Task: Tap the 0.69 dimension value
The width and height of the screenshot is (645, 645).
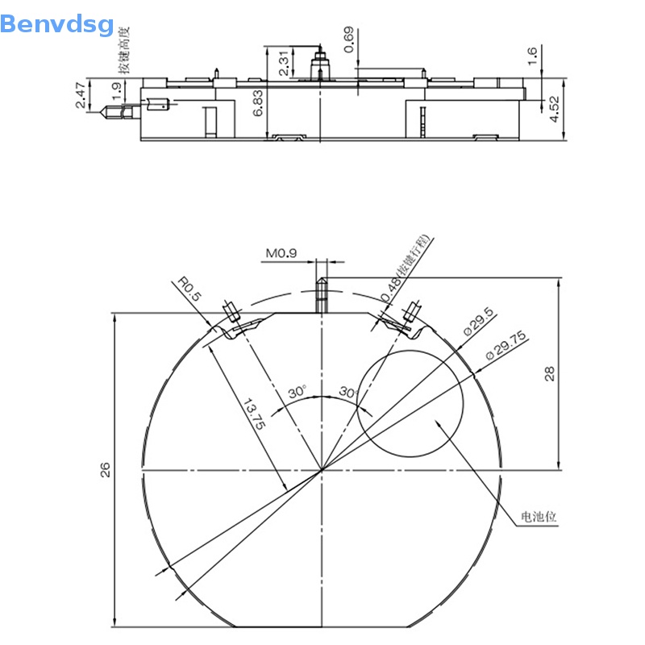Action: (348, 40)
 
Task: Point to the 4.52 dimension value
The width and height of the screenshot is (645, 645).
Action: (555, 108)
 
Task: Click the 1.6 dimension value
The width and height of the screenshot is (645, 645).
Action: (532, 56)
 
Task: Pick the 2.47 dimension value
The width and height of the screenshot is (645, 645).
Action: (81, 94)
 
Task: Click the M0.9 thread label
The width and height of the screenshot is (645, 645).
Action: (281, 253)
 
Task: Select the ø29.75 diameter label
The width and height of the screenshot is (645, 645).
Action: (506, 346)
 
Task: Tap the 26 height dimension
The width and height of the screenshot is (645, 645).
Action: (105, 470)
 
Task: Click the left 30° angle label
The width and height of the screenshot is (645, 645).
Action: (298, 392)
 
